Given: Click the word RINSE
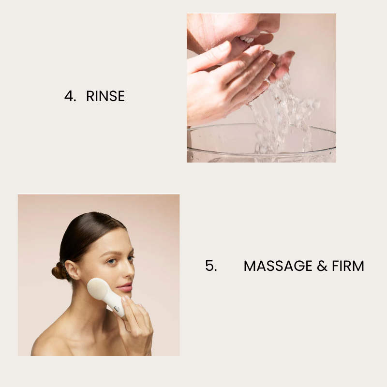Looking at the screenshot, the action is click(105, 96).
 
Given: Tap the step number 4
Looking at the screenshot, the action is click(70, 96).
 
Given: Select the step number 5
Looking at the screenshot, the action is click(211, 266).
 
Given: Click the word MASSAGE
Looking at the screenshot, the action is click(278, 266).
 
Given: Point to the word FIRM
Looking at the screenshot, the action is click(348, 266).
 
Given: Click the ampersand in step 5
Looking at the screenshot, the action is click(322, 266).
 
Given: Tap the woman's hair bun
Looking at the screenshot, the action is click(58, 271).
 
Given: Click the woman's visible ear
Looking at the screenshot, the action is click(72, 270).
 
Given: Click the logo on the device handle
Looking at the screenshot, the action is click(117, 309).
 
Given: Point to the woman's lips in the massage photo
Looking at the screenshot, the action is click(126, 287).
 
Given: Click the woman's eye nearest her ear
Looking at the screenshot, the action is click(111, 261).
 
